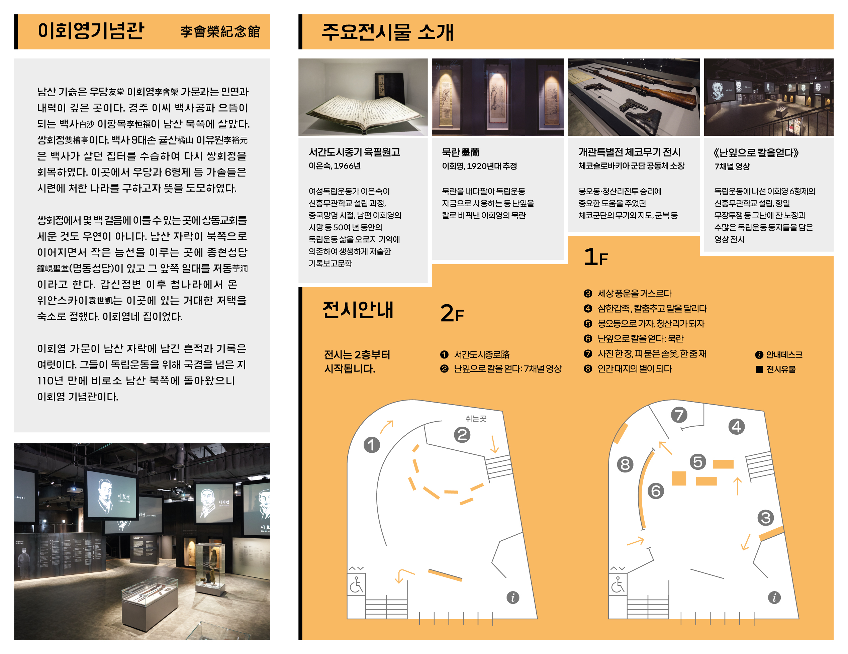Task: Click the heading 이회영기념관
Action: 91,31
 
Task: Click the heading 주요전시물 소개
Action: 387,32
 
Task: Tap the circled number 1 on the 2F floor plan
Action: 372,445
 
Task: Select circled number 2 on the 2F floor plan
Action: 462,435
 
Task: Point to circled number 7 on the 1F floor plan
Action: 679,415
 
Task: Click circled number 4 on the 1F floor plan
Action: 737,427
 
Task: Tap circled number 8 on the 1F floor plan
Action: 625,464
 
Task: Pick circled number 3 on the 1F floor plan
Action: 766,518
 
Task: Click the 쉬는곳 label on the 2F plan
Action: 476,418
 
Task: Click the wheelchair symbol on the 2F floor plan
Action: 356,584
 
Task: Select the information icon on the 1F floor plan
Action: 774,597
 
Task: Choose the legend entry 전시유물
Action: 775,369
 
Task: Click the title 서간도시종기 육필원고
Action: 354,152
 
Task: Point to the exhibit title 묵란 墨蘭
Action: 461,152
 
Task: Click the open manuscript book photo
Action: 363,97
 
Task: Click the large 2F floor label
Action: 452,313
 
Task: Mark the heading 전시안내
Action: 358,310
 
